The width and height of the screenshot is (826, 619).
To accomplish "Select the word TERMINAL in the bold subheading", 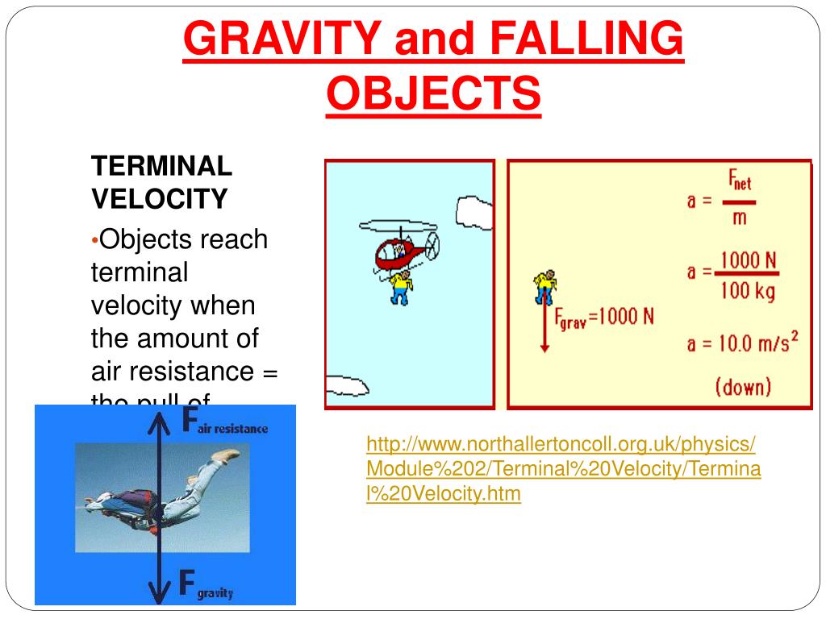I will [x=161, y=167].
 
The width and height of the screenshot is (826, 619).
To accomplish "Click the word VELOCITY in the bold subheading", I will [x=159, y=198].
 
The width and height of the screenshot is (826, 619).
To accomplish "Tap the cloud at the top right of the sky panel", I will [x=474, y=211].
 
